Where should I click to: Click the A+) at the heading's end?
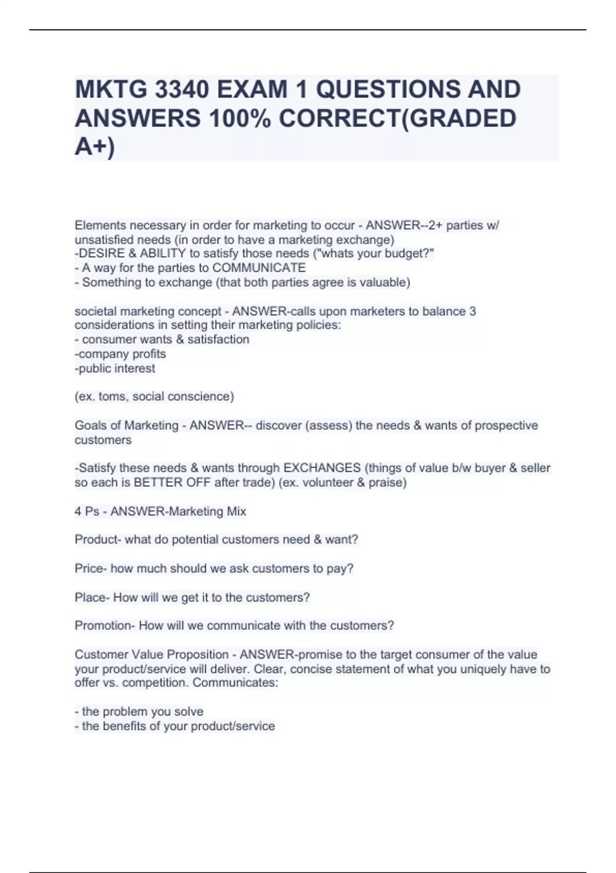pyautogui.click(x=95, y=147)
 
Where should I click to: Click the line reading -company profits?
pyautogui.click(x=120, y=354)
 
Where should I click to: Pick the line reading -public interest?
pyautogui.click(x=115, y=368)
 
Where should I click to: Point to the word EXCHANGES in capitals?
pyautogui.click(x=322, y=468)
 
